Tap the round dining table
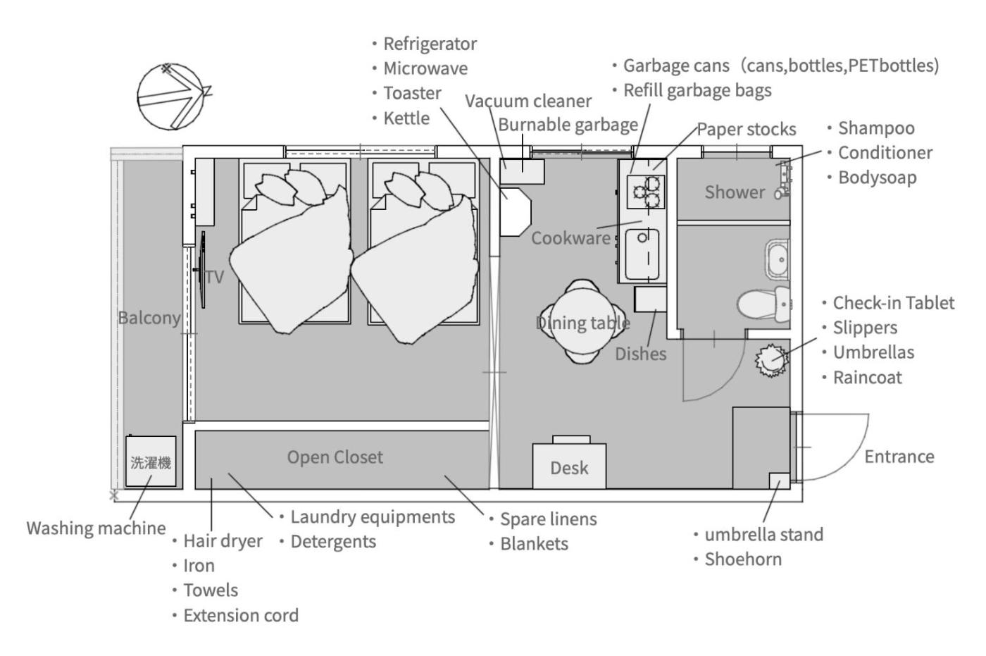[x=583, y=321]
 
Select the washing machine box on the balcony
[x=151, y=462]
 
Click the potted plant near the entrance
[x=770, y=360]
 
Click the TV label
[x=215, y=277]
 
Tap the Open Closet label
[x=335, y=457]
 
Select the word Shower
[x=734, y=192]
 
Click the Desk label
[x=569, y=468]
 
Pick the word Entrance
[x=899, y=457]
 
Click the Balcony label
[x=149, y=318]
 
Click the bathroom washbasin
[x=779, y=259]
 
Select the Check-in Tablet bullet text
[x=893, y=303]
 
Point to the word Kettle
[x=406, y=118]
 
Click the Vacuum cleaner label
[x=528, y=101]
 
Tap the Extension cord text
[x=240, y=615]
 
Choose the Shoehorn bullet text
[x=742, y=559]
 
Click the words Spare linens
[x=548, y=519]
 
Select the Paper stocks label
[x=746, y=129]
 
